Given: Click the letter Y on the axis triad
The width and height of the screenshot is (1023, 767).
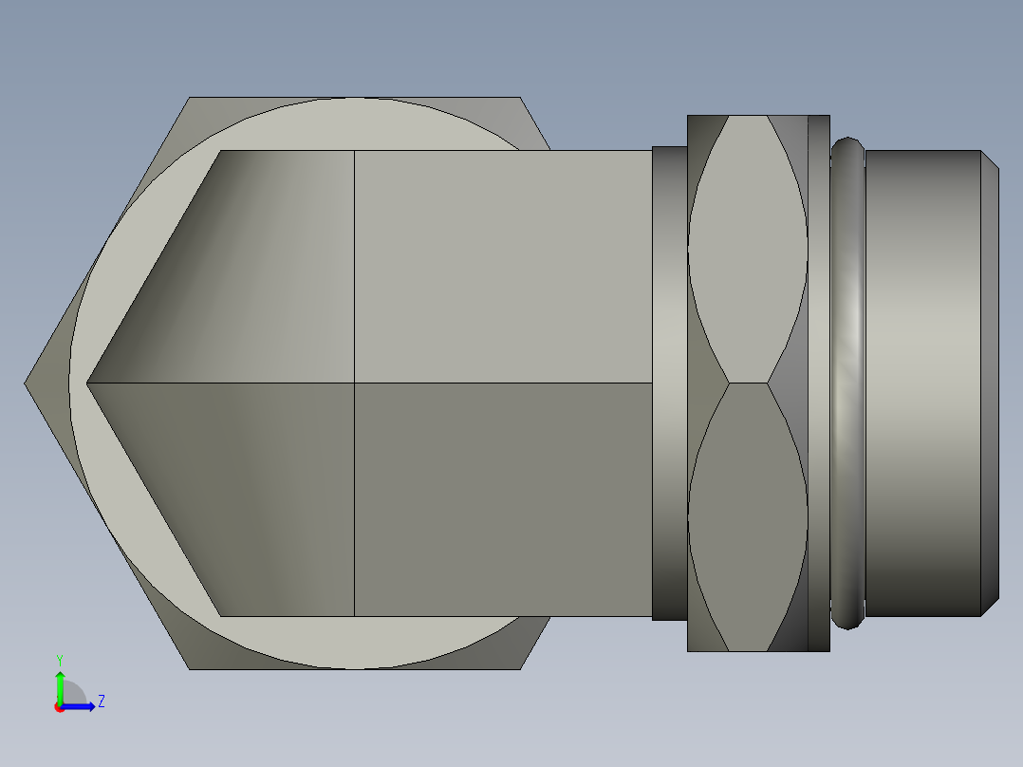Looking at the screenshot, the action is pos(60,660).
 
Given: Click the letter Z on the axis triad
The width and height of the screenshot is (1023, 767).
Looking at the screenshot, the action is pos(102,702).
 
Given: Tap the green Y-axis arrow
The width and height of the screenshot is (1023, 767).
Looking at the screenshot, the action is pos(60,688).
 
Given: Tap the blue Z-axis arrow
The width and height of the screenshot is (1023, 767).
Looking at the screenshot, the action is pos(78,706).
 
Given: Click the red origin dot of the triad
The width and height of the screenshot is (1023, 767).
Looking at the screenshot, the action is pos(60,707).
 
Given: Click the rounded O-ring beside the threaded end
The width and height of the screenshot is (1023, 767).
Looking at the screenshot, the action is pos(847,383).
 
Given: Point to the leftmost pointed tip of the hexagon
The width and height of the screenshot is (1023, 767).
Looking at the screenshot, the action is pos(25,383).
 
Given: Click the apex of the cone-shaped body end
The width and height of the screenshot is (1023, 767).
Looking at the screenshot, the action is pos(86,383).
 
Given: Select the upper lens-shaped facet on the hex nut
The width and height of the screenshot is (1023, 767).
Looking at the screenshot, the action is pos(749,249).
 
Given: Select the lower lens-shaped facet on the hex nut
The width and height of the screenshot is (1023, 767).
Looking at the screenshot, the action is pos(749,517).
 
